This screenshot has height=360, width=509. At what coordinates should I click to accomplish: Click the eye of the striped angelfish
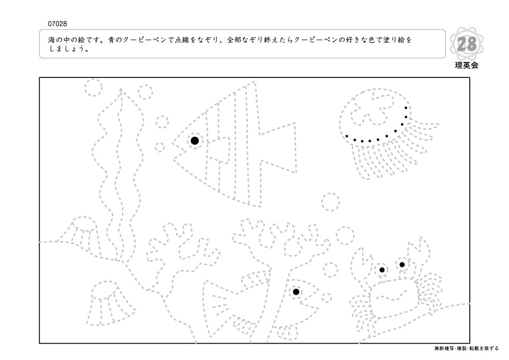(194, 141)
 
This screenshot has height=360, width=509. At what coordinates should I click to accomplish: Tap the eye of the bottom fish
(296, 292)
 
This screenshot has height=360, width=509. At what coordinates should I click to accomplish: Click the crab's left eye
(382, 270)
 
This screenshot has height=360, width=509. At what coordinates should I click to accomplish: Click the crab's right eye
(402, 264)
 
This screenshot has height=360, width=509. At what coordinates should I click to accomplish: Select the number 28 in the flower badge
(467, 45)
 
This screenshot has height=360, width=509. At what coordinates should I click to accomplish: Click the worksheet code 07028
(58, 24)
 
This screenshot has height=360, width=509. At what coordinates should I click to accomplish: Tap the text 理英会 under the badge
(466, 65)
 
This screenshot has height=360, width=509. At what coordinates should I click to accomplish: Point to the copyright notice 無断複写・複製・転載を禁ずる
(467, 348)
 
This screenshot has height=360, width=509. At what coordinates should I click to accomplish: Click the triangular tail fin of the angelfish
(278, 147)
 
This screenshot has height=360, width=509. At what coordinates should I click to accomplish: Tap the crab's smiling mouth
(394, 295)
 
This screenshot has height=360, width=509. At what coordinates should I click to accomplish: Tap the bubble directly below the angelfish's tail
(330, 202)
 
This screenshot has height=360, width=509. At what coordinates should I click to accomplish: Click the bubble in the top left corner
(94, 87)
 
